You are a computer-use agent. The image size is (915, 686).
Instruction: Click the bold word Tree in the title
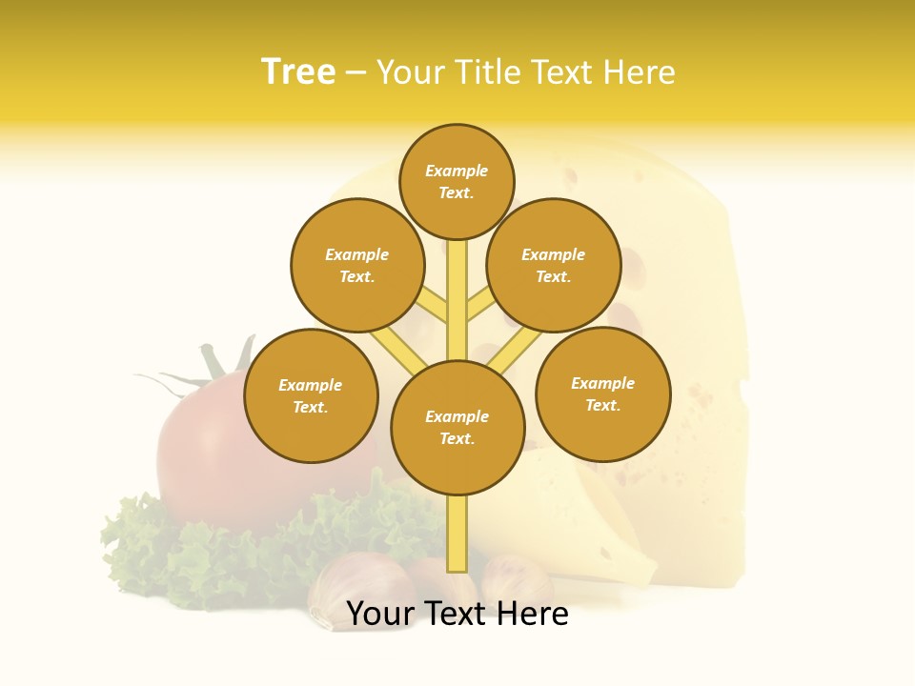click(x=298, y=72)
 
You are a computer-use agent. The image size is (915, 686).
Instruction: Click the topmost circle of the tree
click(x=457, y=181)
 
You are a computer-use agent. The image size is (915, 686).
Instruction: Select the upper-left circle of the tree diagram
click(x=357, y=265)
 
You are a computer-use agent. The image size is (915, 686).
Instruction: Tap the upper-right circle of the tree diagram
click(x=554, y=265)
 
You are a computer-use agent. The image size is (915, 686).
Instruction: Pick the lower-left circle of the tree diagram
click(x=311, y=395)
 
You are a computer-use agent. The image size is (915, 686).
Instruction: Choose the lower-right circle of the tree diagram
click(x=603, y=393)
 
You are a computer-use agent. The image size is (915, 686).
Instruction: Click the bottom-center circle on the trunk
click(x=457, y=428)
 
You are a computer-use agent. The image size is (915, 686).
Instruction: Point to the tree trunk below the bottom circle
click(x=457, y=534)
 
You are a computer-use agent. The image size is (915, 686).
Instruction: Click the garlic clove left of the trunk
click(x=348, y=586)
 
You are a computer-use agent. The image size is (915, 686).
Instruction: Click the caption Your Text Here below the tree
click(x=457, y=614)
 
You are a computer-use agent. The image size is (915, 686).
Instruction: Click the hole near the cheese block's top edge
click(x=570, y=176)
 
